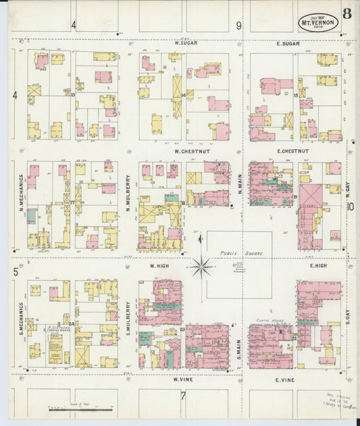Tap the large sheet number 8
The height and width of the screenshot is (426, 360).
(x=346, y=13)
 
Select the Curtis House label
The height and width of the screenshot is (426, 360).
(x=267, y=320)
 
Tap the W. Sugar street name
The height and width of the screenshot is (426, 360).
(x=185, y=44)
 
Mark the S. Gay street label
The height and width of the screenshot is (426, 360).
(x=349, y=315)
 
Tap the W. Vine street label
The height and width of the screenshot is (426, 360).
(x=184, y=380)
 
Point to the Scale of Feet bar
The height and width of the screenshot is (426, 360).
(x=80, y=408)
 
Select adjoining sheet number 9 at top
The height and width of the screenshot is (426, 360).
(x=238, y=26)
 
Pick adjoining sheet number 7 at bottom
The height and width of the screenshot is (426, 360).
(x=183, y=395)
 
